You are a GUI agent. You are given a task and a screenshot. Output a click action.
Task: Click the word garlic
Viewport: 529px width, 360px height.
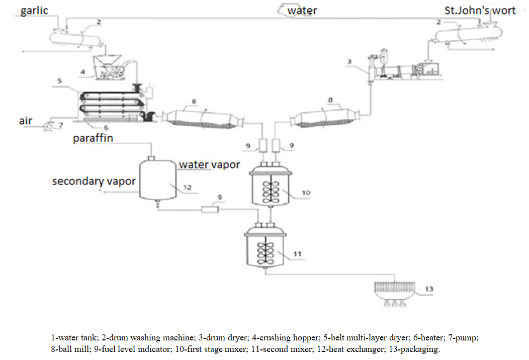point(34,10)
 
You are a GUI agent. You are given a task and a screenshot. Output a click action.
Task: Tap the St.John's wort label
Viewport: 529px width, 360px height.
point(480,10)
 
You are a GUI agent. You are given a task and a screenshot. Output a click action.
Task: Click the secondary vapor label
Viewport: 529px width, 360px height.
point(94,181)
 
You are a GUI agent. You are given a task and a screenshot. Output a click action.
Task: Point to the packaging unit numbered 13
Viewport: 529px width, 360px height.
point(395,291)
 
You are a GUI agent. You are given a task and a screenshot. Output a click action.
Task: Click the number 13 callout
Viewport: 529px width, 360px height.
point(428,289)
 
